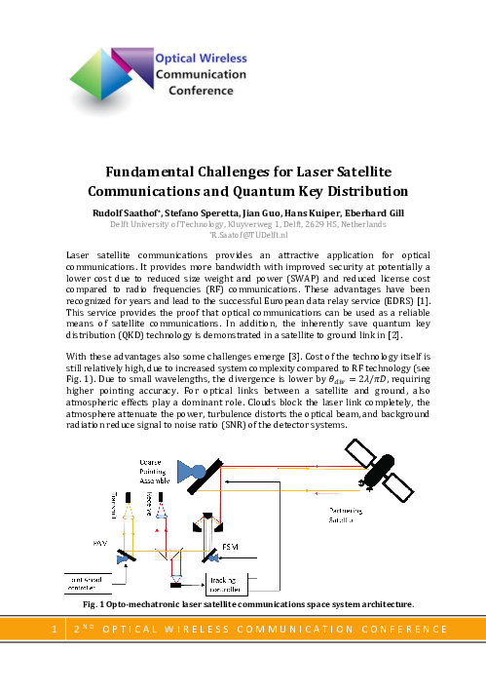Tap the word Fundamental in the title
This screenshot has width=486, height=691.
[157, 172]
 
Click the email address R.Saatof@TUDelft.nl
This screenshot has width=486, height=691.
[243, 235]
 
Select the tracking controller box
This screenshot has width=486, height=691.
[225, 585]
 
